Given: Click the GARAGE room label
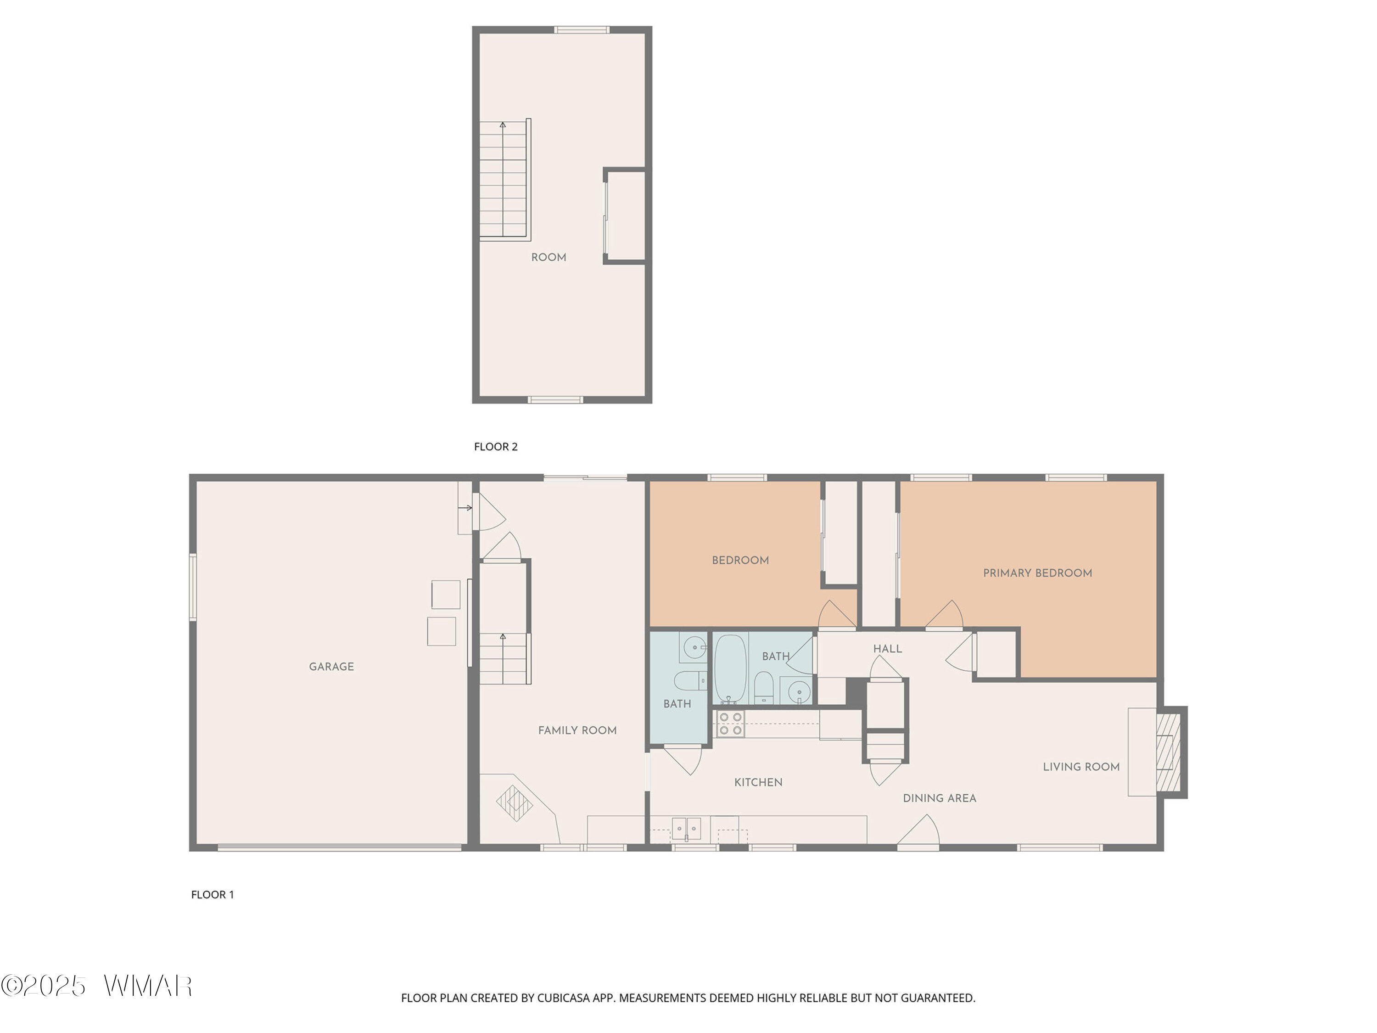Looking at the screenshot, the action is pos(331,666).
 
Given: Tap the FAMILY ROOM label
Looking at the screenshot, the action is pos(577,730).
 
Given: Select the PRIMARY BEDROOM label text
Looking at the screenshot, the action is pos(1037,573).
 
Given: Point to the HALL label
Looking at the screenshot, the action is pos(887,649).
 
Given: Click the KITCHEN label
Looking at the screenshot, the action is pos(758,782).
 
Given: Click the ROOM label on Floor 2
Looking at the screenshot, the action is pos(549,257).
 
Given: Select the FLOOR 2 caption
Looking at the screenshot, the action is pos(496,446).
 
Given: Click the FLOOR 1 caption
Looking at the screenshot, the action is pos(212,895).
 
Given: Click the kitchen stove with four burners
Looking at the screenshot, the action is pos(730,724).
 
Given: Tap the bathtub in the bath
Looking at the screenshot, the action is pos(730,669).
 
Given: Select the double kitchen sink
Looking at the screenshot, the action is pos(686,829).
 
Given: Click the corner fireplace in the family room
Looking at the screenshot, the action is pos(514,803).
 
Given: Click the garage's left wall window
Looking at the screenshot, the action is pos(193,587).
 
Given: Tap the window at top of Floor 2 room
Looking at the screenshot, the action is pos(582,29).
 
